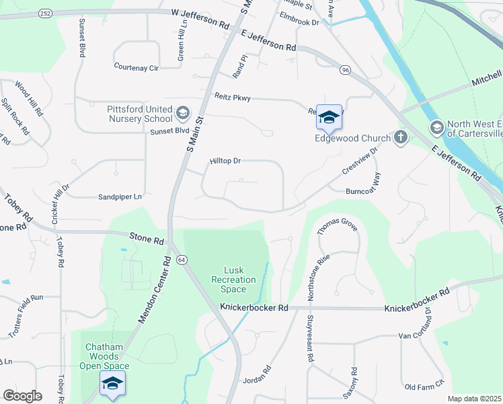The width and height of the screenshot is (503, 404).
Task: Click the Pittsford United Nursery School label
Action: [x=139, y=114]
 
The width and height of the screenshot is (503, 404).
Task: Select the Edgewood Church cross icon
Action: [x=401, y=138]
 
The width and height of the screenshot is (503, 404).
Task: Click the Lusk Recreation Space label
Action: [x=233, y=279]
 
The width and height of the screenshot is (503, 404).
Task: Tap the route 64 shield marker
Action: [x=182, y=259]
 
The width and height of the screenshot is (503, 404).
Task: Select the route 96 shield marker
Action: [x=346, y=70]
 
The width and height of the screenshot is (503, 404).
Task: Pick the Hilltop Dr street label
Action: [x=225, y=162]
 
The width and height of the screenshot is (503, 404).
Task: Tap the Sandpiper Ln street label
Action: [x=120, y=197]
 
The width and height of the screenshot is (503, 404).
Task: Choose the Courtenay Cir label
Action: [x=136, y=67]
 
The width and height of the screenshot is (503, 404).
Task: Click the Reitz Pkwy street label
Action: [x=233, y=98]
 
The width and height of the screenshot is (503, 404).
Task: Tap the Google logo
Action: [x=22, y=396]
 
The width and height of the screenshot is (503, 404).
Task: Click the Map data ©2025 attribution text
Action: [x=474, y=399]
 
